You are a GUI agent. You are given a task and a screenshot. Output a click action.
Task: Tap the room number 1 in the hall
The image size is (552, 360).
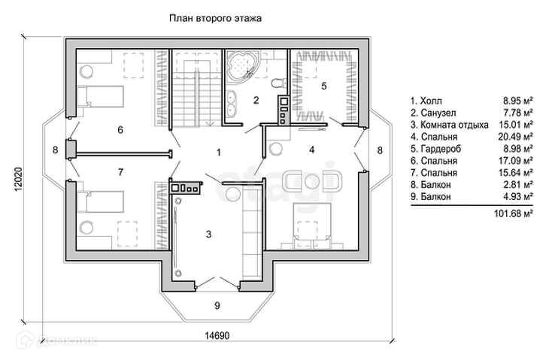pyautogui.click(x=218, y=153)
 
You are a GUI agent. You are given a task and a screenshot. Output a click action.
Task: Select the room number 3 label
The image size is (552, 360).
pyautogui.click(x=208, y=234)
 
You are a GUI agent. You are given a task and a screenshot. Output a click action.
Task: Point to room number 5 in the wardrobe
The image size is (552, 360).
pyautogui.click(x=323, y=86)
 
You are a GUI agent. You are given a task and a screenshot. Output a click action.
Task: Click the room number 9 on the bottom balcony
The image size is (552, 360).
pyautogui.click(x=217, y=305)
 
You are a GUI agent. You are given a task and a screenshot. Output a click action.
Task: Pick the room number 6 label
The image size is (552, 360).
pyautogui.click(x=120, y=129)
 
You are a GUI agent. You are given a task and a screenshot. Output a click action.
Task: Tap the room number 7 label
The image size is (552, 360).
pyautogui.click(x=120, y=172)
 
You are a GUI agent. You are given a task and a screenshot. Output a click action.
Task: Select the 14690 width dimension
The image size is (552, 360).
pyautogui.click(x=217, y=336)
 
